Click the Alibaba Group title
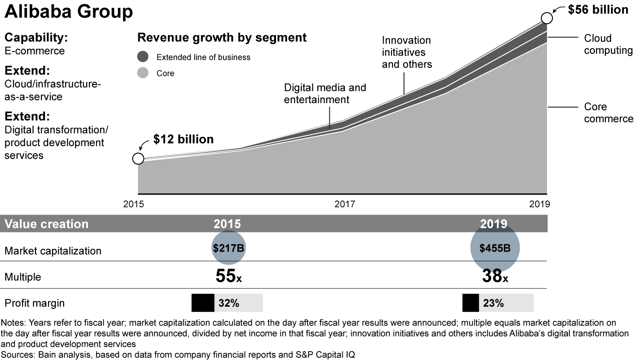(68, 12)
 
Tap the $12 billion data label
(183, 139)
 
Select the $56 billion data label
(598, 9)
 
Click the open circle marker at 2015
(138, 159)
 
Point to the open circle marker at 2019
(547, 18)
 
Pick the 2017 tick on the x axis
(344, 204)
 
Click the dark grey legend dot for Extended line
(143, 57)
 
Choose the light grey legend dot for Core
(143, 73)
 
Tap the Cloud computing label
(608, 44)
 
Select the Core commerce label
(608, 112)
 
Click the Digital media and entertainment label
(325, 93)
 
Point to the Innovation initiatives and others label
(407, 52)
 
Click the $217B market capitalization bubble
(228, 248)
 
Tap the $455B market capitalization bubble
(495, 248)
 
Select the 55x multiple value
(228, 276)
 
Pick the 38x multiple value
(495, 276)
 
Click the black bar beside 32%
(203, 303)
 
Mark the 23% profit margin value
(493, 303)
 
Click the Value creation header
(46, 224)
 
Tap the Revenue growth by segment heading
(222, 37)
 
